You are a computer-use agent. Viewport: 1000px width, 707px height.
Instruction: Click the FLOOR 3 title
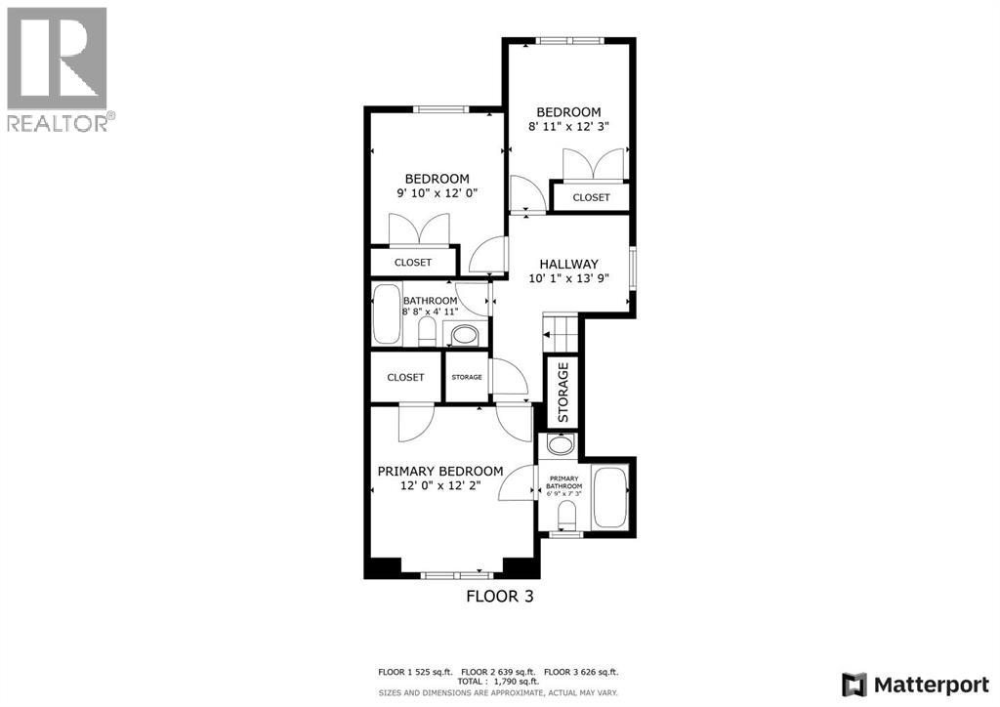click(x=499, y=596)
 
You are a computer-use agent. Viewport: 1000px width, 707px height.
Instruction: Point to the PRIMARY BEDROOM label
click(x=440, y=471)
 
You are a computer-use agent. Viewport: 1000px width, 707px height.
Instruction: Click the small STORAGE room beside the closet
click(x=466, y=377)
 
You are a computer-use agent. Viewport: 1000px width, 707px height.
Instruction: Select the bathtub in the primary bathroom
click(x=609, y=498)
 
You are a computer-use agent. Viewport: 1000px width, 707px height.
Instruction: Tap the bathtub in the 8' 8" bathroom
click(x=387, y=313)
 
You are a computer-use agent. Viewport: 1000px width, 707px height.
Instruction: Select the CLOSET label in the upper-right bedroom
click(x=591, y=197)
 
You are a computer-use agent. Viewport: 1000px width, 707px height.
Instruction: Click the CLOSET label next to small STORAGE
click(x=405, y=377)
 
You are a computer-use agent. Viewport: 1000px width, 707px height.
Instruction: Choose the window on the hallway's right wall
click(x=633, y=269)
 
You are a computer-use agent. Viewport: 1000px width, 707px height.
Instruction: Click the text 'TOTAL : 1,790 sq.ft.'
click(x=499, y=683)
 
